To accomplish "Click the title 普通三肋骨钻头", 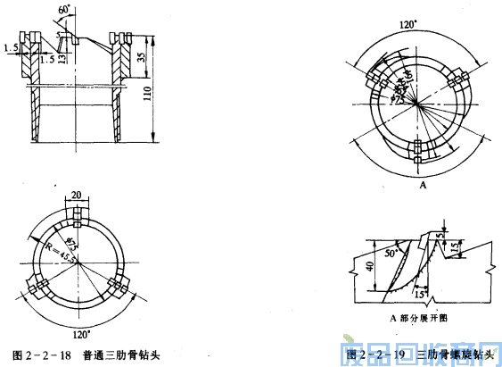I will [x=119, y=354].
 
